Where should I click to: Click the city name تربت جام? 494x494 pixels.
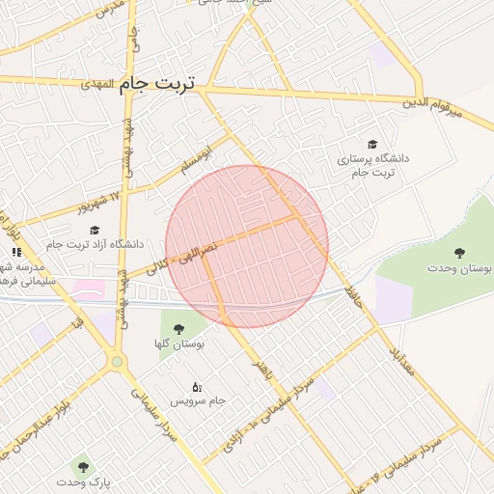point(156,84)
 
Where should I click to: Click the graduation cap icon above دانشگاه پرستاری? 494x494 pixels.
point(373,144)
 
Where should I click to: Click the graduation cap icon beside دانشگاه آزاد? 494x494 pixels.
point(95,230)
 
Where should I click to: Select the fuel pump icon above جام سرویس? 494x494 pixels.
point(197,386)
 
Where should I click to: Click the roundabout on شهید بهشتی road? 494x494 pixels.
point(118,362)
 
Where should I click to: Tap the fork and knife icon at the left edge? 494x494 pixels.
point(16,252)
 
